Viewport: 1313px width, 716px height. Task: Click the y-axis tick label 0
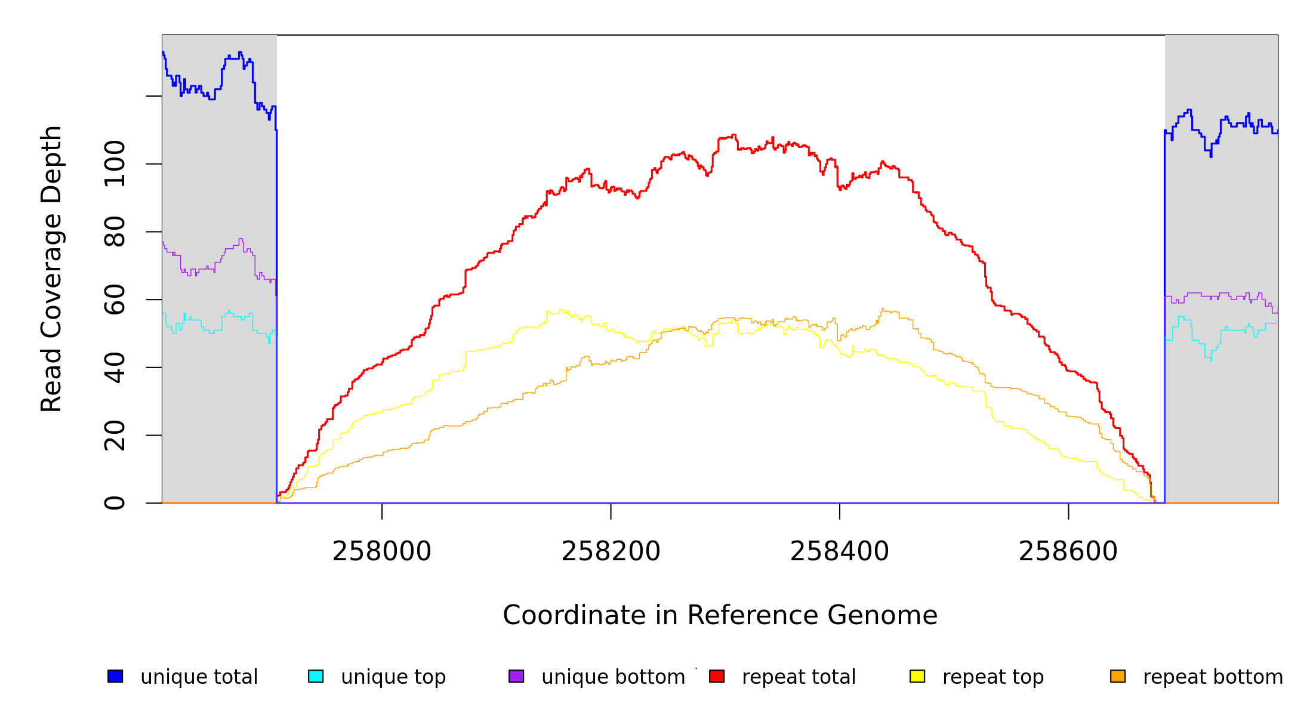tap(115, 503)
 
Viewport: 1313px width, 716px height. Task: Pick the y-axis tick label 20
tap(115, 435)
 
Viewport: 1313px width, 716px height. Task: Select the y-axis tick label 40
tap(115, 368)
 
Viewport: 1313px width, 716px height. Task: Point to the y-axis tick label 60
tap(115, 300)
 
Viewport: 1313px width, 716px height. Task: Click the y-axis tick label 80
tap(115, 232)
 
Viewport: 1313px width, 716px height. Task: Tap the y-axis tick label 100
tap(115, 163)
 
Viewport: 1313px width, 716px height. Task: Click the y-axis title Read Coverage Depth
tap(51, 268)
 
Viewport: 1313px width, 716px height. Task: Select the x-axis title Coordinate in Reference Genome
tap(720, 616)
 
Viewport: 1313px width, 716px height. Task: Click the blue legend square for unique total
tap(115, 676)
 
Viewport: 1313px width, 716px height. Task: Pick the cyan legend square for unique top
tap(316, 676)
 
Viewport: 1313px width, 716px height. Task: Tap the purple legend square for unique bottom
tap(516, 676)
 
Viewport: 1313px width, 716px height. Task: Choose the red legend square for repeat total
tap(717, 676)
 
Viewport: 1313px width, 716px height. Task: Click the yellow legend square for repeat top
tap(917, 676)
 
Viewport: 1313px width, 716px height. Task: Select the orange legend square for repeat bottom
tap(1118, 676)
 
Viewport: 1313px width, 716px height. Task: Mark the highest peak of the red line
tap(734, 135)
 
